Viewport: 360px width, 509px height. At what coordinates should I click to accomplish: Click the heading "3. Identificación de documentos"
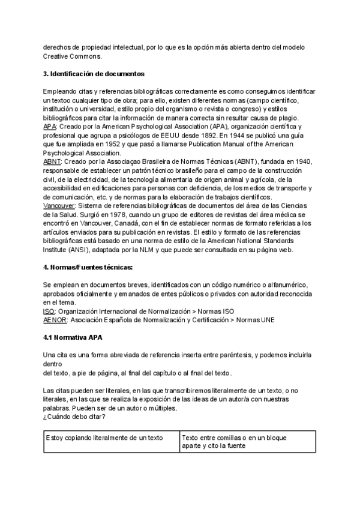[94, 74]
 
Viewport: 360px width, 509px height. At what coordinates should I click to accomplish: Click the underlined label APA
[51, 127]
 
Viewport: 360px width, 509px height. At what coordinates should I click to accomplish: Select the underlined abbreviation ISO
[49, 312]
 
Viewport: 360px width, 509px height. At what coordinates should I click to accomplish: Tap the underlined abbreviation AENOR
[55, 320]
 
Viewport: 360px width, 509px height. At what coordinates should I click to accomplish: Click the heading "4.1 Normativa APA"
[74, 337]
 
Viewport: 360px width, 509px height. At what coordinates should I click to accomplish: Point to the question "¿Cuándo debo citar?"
[74, 417]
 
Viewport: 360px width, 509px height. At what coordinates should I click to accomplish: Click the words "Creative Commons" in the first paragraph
[72, 56]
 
